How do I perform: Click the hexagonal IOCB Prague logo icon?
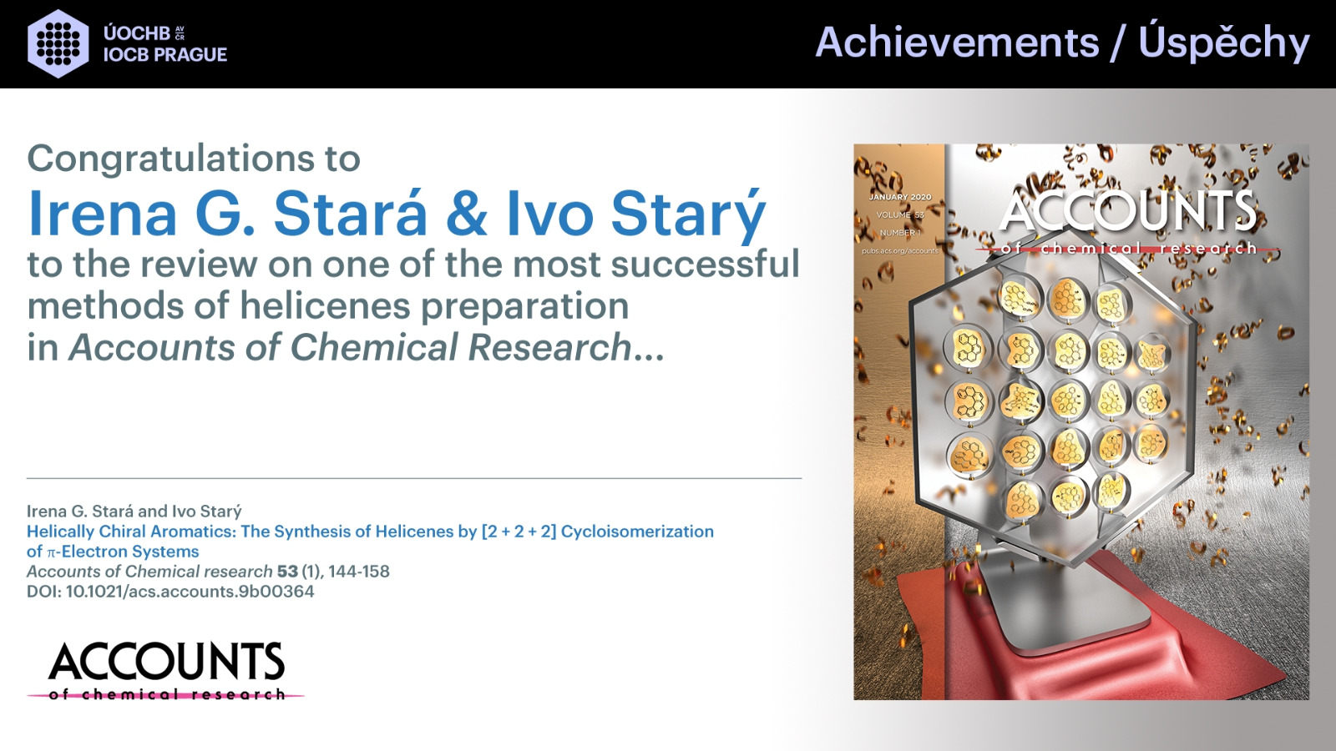[x=58, y=43]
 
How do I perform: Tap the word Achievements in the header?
[x=957, y=43]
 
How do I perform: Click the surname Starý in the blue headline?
[x=688, y=214]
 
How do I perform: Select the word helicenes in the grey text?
[x=326, y=305]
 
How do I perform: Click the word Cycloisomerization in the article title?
[x=637, y=532]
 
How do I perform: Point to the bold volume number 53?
[x=287, y=572]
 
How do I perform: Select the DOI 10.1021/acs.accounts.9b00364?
[x=190, y=592]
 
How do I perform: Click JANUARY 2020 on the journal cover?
[x=900, y=197]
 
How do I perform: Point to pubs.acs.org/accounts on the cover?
[x=900, y=251]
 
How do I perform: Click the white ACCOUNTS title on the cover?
[x=1128, y=212]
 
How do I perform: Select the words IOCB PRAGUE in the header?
[x=165, y=55]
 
